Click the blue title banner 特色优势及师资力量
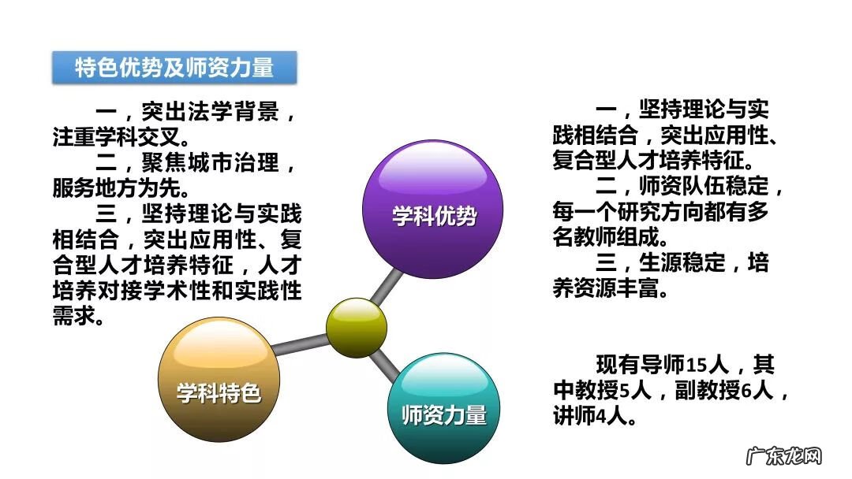[x=174, y=68]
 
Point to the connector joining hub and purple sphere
[x=390, y=284]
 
